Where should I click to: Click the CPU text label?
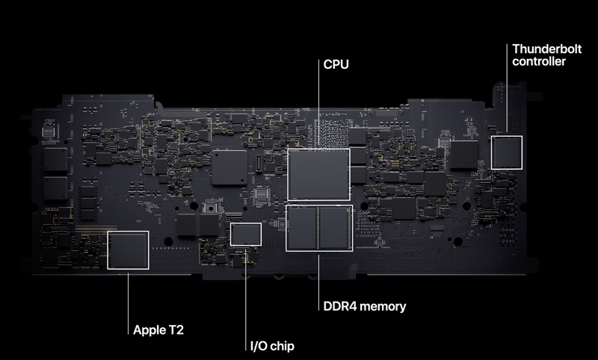tap(336, 65)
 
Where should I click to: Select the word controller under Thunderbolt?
tap(538, 62)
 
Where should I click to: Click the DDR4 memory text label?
tap(365, 306)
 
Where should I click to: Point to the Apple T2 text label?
tap(159, 329)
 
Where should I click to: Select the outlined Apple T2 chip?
tap(129, 249)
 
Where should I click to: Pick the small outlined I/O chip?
tap(246, 234)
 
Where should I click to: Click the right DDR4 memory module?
tap(334, 228)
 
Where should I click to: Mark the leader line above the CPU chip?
tap(318, 105)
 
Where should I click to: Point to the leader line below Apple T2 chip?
tap(129, 299)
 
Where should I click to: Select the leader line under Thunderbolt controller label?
tap(506, 97)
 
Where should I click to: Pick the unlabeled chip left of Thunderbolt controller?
tap(464, 154)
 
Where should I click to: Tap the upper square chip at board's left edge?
tap(55, 159)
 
